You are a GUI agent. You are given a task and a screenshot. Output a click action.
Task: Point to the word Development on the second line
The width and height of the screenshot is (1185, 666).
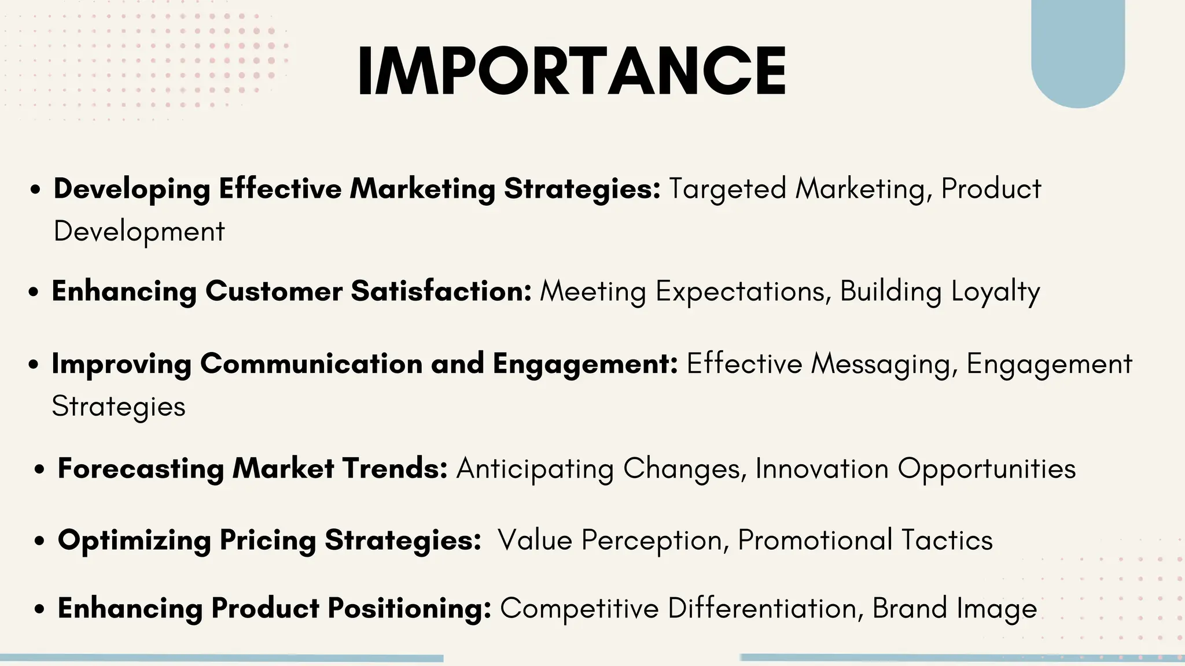click(139, 232)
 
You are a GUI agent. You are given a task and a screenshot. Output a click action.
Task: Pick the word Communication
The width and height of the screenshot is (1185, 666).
click(311, 364)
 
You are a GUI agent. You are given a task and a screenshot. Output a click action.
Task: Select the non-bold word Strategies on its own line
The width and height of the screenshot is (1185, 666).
click(119, 407)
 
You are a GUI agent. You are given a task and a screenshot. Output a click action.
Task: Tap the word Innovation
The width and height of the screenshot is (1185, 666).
click(822, 468)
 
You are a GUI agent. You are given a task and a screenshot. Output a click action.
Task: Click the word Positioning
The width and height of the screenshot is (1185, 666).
click(409, 609)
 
